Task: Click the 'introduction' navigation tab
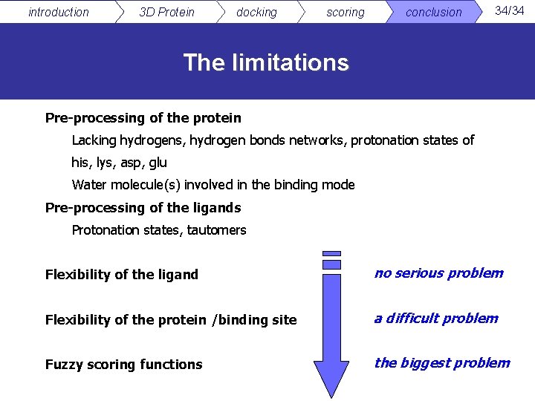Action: [58, 12]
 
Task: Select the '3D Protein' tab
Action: [166, 12]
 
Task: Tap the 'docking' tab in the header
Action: [256, 12]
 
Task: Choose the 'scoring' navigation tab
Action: [346, 12]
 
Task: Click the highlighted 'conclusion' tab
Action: [433, 12]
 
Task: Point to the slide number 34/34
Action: [510, 10]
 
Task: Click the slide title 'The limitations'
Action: [266, 62]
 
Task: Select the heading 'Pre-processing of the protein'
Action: [143, 117]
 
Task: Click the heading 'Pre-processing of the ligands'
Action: [143, 207]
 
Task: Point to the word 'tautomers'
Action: [216, 229]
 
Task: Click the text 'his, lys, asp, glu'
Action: [119, 162]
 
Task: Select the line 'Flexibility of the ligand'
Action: [121, 274]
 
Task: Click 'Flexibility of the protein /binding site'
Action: [170, 319]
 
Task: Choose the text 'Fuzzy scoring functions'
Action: [123, 364]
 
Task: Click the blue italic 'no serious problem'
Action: [438, 273]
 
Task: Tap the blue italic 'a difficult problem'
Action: [435, 318]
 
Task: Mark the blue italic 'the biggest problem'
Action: [441, 362]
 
